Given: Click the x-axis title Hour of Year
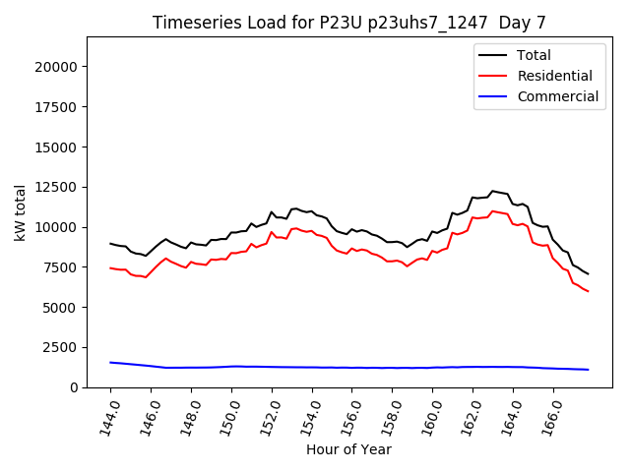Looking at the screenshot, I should [348, 449].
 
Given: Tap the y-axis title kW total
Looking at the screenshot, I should [20, 212].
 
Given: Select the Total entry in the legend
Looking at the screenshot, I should [535, 55].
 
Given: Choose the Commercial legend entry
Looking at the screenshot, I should [558, 96].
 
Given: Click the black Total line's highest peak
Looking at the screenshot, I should [492, 191].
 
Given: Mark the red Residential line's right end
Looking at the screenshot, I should [588, 291].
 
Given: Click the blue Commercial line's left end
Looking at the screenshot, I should [110, 362].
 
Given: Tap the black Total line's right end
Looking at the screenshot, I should [588, 273].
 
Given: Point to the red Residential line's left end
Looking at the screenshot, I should [110, 267].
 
